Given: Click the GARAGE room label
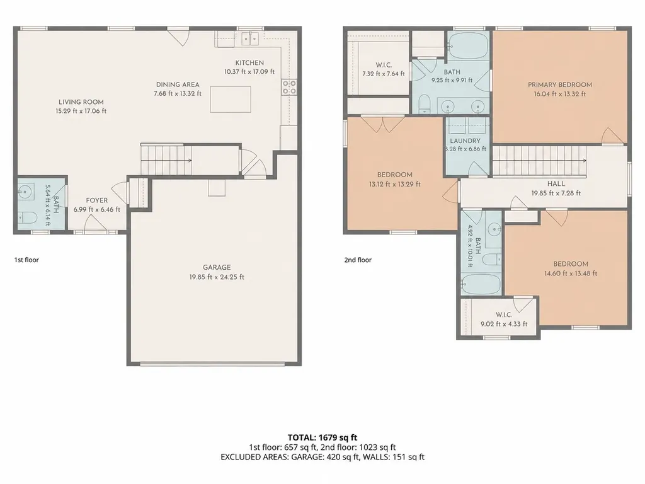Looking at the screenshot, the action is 217,267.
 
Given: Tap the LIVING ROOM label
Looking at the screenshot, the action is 81,102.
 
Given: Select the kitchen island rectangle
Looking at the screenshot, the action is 231,99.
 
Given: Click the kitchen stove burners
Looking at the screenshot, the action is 288,87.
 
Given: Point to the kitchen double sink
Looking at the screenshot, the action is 249,38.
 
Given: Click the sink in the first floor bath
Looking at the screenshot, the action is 25,192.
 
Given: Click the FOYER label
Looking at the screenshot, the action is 96,200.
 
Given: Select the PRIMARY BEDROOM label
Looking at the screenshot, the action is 560,85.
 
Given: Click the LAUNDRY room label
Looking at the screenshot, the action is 465,141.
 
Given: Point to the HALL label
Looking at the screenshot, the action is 556,184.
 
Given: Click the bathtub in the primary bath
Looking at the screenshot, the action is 468,47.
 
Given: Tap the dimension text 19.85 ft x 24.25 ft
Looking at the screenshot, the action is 217,277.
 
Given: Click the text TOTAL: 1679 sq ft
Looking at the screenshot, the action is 322,437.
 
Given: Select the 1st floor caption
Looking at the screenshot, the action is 26,260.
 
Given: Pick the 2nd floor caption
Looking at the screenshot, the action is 358,260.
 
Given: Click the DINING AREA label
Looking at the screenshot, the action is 178,84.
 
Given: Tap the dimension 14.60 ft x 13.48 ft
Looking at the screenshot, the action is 571,274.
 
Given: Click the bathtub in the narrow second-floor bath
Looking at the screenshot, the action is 481,284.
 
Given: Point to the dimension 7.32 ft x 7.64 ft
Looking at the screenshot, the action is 384,74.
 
